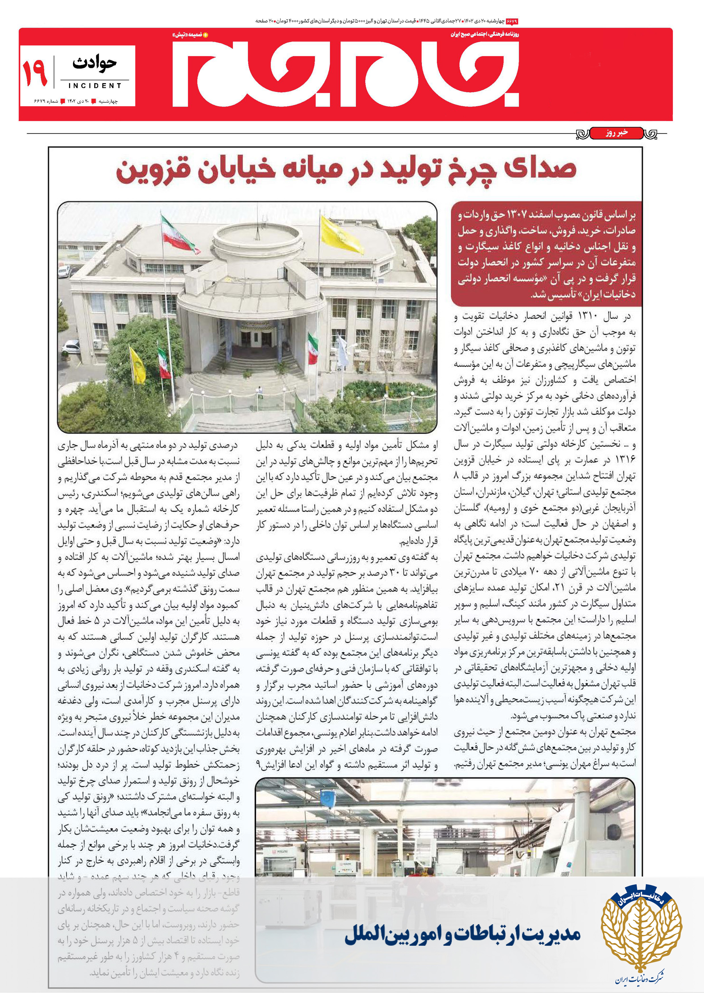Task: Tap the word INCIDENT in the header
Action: pyautogui.click(x=95, y=85)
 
